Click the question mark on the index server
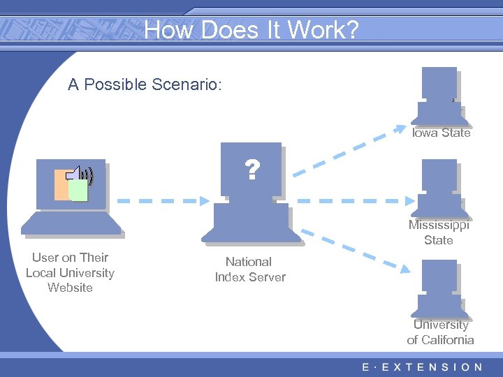point(251,170)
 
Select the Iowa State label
point(441,133)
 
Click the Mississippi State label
point(439,232)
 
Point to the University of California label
point(440,332)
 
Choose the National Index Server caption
point(250,269)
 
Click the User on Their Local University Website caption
point(70,272)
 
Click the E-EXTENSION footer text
point(422,367)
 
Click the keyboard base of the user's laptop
point(71,223)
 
